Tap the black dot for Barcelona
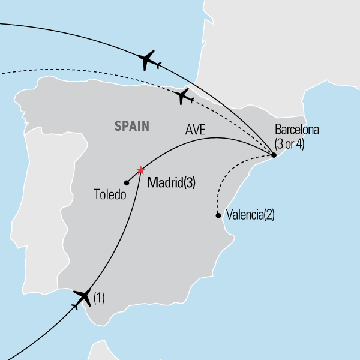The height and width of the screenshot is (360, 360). (x=274, y=155)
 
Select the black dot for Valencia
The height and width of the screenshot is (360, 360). (x=217, y=215)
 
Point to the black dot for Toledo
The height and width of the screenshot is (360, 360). (x=127, y=182)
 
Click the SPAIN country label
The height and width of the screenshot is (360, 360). (x=132, y=126)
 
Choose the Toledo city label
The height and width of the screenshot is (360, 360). (x=110, y=195)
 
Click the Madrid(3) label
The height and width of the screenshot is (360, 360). (x=171, y=182)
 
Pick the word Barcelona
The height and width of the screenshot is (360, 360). (x=298, y=130)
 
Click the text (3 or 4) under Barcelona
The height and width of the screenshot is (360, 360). (x=289, y=144)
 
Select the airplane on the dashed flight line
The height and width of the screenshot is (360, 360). (x=184, y=95)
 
